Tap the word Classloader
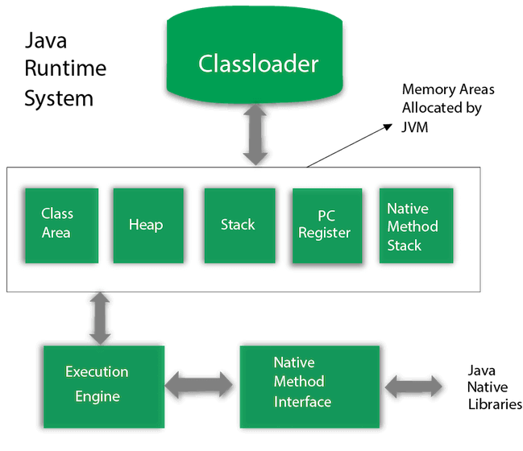(258, 64)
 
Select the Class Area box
(61, 225)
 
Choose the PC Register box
(326, 226)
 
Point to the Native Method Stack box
(416, 225)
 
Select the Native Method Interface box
(309, 383)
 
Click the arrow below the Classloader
(255, 134)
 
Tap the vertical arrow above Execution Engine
(101, 319)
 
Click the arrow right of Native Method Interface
(413, 387)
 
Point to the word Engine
(98, 396)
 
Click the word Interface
(302, 401)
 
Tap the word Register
(325, 233)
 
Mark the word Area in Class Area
(56, 233)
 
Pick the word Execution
(97, 372)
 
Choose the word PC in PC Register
(326, 216)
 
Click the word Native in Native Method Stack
(408, 209)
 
